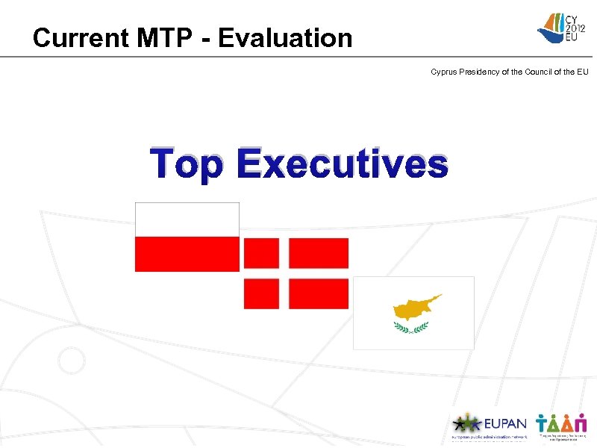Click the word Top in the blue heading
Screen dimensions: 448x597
coord(187,164)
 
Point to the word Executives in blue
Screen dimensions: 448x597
coord(344,164)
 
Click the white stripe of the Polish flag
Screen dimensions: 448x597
coord(187,220)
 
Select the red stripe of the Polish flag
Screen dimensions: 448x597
coord(187,255)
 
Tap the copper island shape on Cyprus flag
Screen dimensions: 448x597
coord(415,307)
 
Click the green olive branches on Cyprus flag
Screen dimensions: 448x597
coord(411,327)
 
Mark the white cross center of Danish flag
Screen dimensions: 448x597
coord(284,273)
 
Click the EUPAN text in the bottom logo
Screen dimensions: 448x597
coord(505,423)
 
